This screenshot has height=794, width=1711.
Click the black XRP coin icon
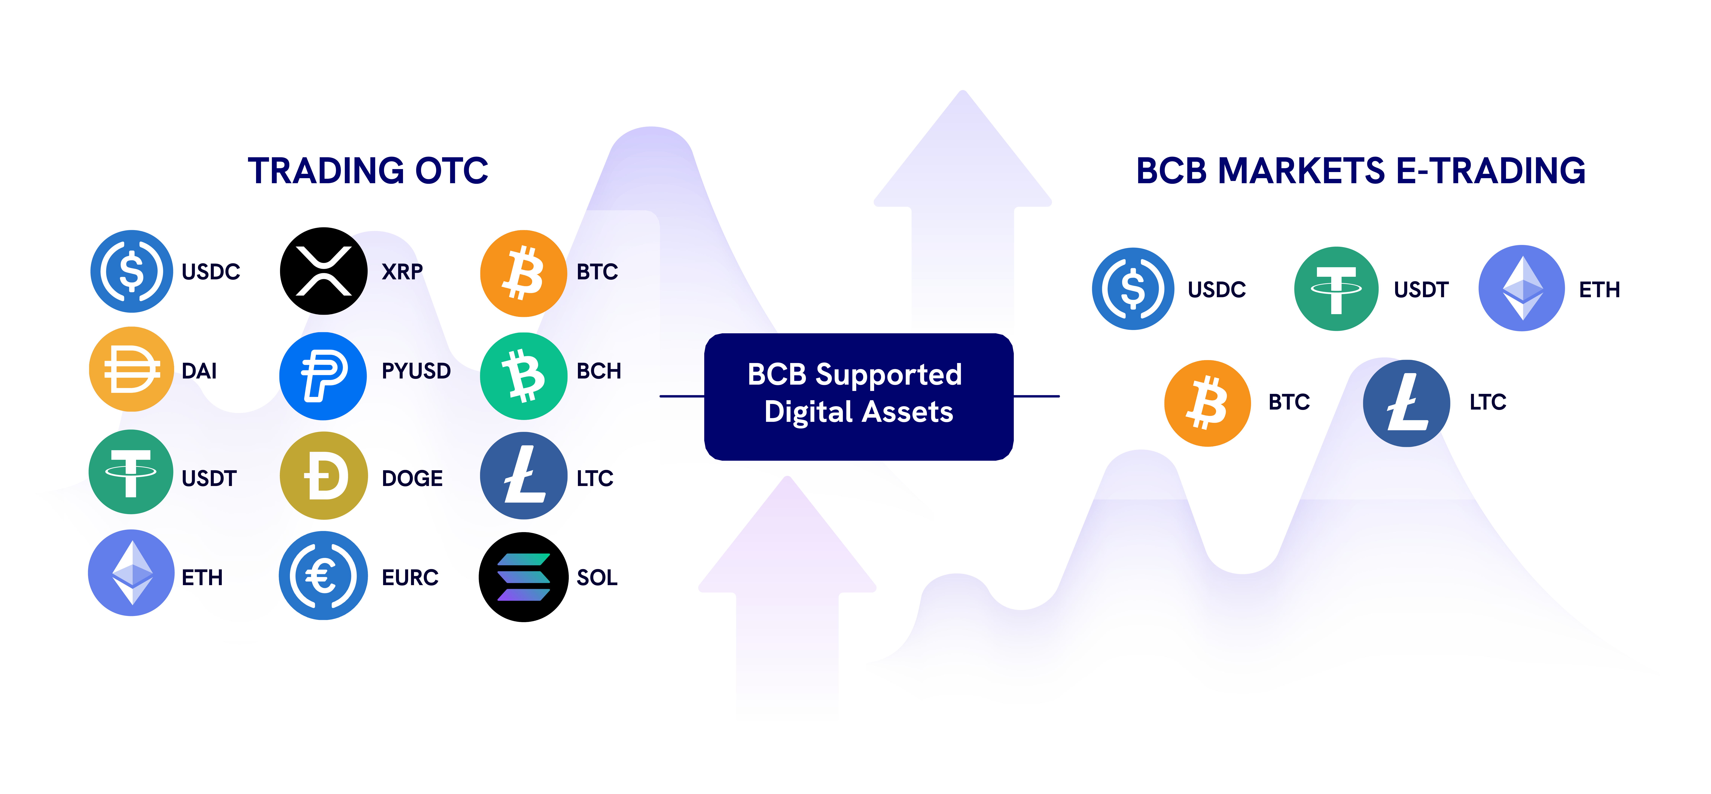(x=324, y=271)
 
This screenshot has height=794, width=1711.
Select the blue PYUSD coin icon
(x=324, y=376)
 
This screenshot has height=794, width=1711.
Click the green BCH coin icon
(x=523, y=376)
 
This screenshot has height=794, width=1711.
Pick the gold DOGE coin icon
(x=324, y=475)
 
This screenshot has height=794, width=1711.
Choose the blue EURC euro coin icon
(x=324, y=576)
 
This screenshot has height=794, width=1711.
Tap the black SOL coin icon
(x=523, y=577)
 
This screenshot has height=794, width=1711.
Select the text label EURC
(x=410, y=578)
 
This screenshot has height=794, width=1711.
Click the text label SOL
(x=597, y=578)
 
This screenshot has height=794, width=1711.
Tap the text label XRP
(x=402, y=272)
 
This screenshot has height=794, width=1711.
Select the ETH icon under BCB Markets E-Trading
(x=1522, y=288)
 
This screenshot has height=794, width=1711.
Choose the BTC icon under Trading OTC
(x=523, y=274)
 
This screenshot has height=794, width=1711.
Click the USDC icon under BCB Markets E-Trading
(x=1133, y=288)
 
